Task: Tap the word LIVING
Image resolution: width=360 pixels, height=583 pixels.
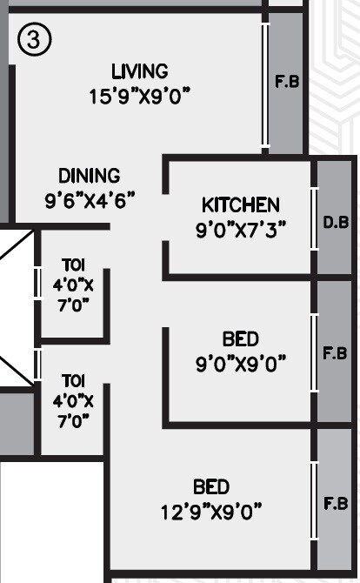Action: pos(140,71)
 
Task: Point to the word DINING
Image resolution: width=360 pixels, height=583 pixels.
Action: pos(90,176)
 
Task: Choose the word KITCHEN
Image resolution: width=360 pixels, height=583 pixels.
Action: pos(241,205)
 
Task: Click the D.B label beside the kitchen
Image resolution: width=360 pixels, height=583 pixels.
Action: pos(336,223)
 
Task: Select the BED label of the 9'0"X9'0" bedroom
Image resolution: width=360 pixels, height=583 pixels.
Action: pos(241,339)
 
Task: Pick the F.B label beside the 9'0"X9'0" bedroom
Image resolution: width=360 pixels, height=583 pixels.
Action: pos(336,354)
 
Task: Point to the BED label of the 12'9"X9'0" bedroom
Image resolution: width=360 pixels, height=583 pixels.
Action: pos(211,486)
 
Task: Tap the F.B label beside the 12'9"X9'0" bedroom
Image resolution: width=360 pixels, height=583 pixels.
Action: pos(336,504)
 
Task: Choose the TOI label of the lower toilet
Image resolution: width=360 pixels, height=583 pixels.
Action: pos(73,381)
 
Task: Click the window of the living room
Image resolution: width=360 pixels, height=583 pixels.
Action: pos(264,84)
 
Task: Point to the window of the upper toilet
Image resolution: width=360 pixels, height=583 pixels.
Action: pos(37,283)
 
